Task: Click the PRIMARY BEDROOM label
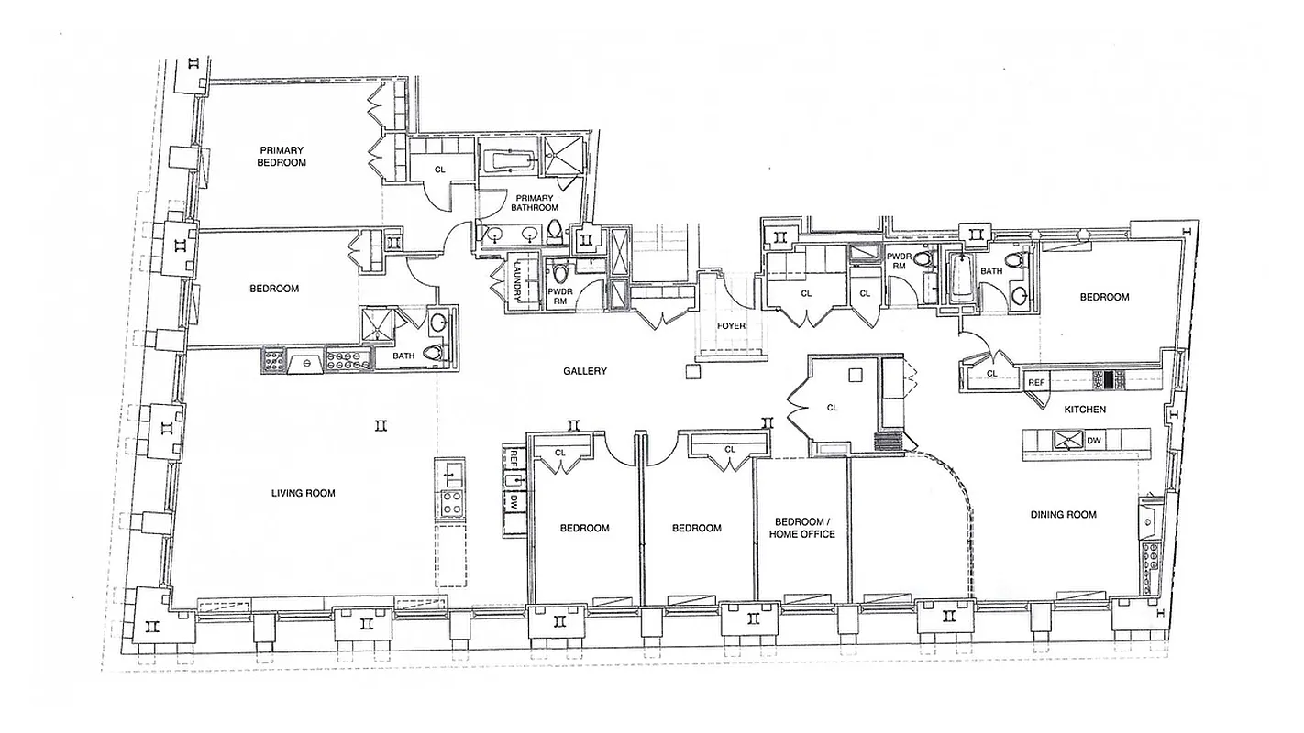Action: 282,156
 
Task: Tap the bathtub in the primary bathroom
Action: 510,162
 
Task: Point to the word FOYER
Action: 731,325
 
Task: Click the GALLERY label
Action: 585,371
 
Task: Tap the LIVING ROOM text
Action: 303,493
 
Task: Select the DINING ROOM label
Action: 1063,515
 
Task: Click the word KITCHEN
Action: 1085,410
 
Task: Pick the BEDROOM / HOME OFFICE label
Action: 804,528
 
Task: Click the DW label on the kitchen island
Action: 1093,441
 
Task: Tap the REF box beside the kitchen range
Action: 1036,382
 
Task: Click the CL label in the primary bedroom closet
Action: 440,170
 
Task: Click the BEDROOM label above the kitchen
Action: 1104,297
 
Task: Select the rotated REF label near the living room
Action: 514,457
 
